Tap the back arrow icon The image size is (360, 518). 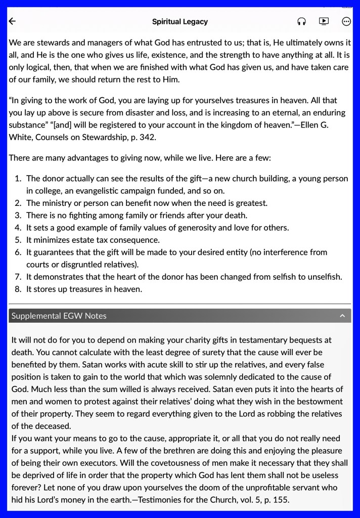[x=13, y=21]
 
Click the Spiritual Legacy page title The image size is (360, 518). [x=180, y=22]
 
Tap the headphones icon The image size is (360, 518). [x=301, y=21]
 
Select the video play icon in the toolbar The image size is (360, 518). [x=324, y=21]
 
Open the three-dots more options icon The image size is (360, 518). [x=346, y=21]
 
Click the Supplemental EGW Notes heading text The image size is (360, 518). [x=59, y=316]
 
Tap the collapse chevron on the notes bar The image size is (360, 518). [x=342, y=316]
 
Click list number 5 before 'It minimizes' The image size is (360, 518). [x=18, y=240]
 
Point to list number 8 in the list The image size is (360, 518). [x=18, y=289]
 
